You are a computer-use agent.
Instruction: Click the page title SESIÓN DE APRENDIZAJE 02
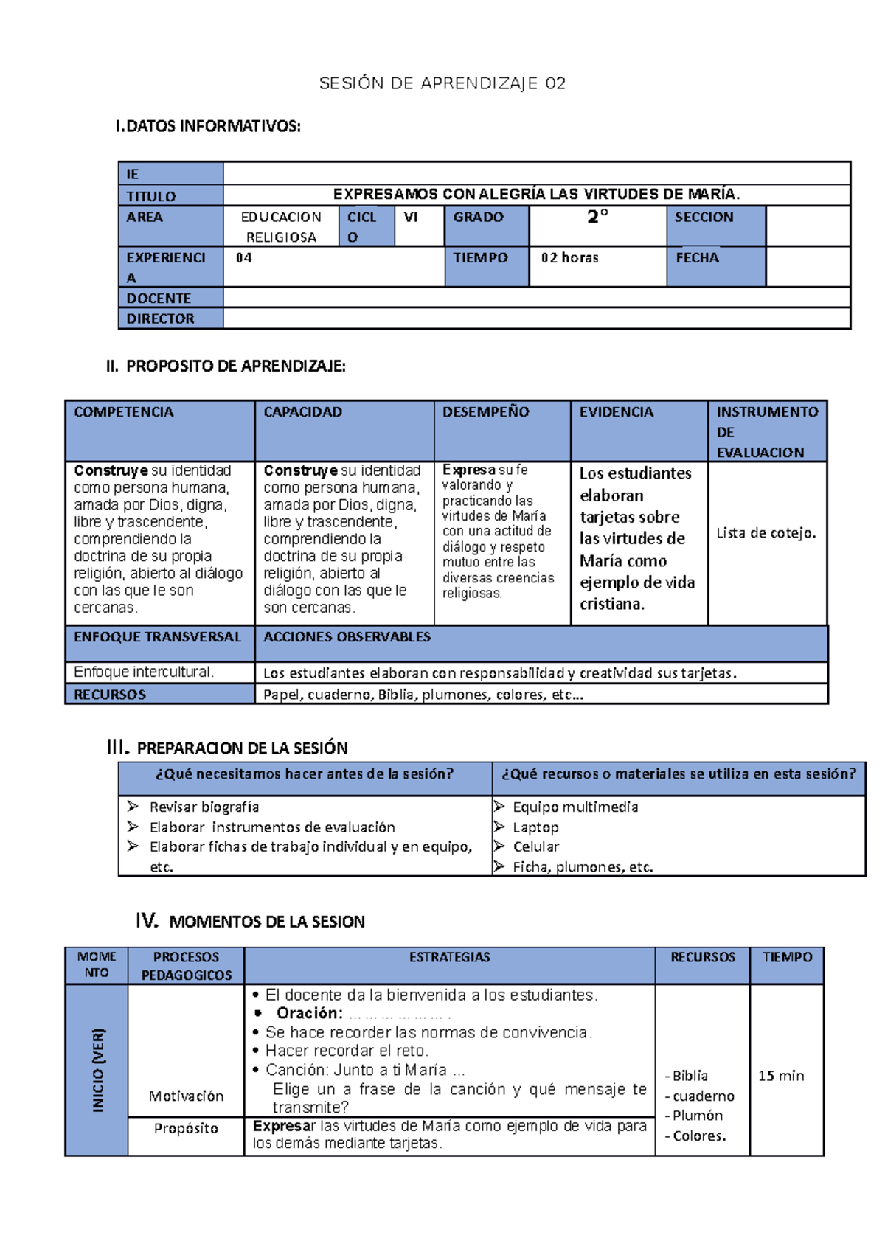click(x=442, y=83)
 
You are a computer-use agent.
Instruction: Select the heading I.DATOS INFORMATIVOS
click(x=208, y=126)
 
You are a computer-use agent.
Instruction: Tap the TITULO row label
click(x=151, y=196)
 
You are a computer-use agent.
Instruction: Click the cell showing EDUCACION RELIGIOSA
click(x=281, y=226)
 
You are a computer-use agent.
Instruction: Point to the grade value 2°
click(x=597, y=217)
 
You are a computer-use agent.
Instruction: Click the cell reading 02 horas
click(x=569, y=258)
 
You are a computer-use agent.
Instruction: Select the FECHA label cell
click(x=697, y=258)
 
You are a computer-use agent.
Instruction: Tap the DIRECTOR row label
click(x=160, y=319)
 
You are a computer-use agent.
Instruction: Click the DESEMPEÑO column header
click(x=485, y=412)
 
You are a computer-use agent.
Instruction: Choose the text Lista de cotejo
click(x=766, y=533)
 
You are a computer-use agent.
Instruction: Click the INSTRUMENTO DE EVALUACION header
click(x=767, y=432)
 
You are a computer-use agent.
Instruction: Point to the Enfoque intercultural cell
click(x=144, y=672)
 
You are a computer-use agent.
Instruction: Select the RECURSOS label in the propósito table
click(x=110, y=695)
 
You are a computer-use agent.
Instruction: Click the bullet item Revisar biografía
click(x=204, y=807)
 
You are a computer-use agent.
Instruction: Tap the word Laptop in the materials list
click(x=535, y=827)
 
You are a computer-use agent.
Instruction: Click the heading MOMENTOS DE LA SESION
click(x=267, y=922)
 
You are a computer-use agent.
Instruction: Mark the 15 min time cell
click(x=781, y=1076)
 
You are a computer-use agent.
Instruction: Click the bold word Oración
click(x=309, y=1013)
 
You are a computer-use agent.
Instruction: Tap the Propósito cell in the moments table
click(x=186, y=1128)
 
